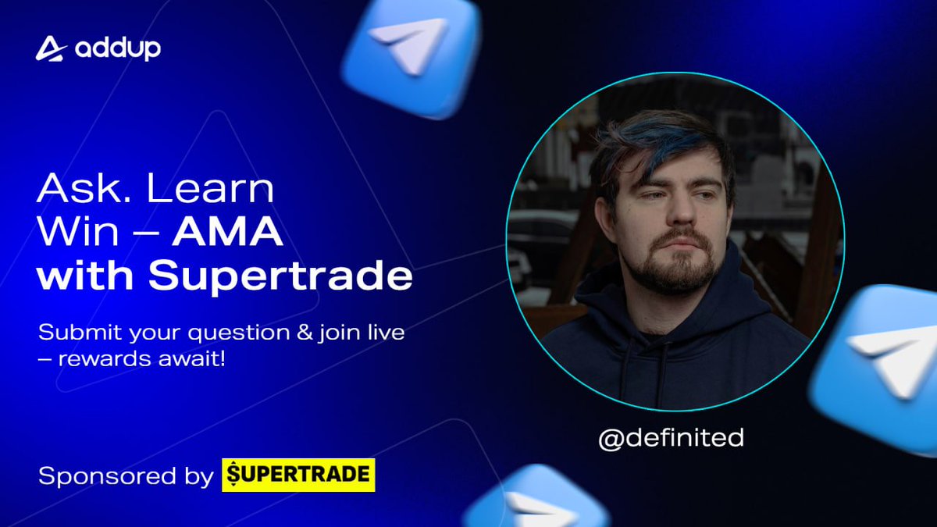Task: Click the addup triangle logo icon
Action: pos(50,48)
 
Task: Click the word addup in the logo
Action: pos(118,49)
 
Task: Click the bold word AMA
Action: pos(227,233)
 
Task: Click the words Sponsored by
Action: pos(125,475)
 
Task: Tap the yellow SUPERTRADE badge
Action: pos(298,475)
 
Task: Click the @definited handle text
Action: pos(671,438)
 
